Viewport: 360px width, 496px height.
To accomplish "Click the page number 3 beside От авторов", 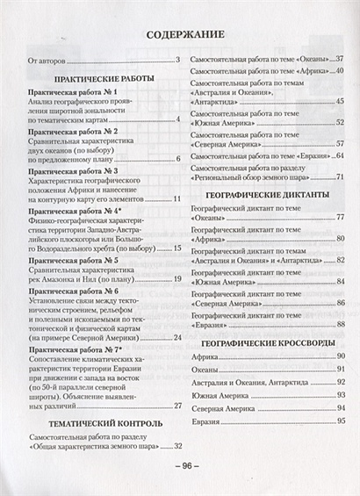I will (x=176, y=61).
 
